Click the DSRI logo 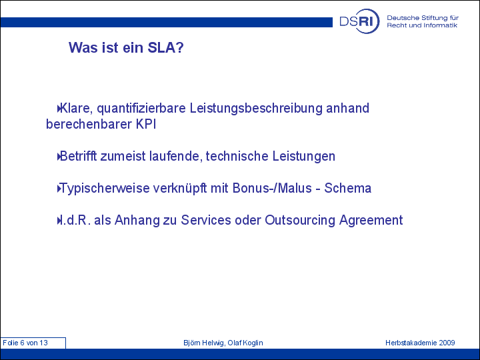point(359,21)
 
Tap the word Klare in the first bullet point(76,109)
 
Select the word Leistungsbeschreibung point(256,109)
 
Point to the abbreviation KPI point(146,124)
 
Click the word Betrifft point(78,156)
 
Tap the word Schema point(348,188)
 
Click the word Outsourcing point(300,221)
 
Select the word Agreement point(371,221)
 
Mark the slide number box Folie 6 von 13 point(33,343)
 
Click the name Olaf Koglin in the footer point(245,343)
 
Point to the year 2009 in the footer point(447,343)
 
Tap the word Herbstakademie point(411,343)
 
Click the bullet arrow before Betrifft point(59,157)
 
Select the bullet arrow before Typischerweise point(59,189)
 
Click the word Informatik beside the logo point(440,25)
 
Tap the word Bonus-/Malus point(272,188)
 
